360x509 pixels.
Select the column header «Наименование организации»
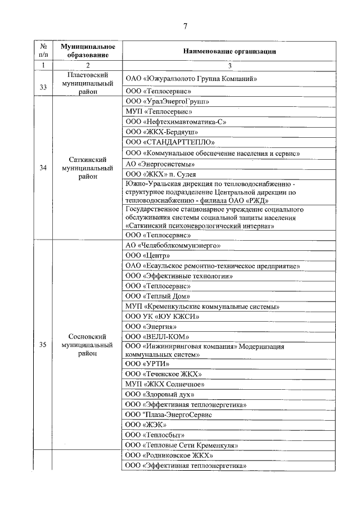coord(229,51)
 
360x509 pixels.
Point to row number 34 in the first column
coord(43,168)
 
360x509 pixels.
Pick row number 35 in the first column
coord(43,345)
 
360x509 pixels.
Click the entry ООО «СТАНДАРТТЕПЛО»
coord(170,142)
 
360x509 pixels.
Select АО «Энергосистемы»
coord(160,164)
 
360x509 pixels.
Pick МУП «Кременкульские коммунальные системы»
coord(202,307)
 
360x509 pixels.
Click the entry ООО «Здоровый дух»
coord(164,394)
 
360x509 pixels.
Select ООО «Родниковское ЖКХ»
coord(169,455)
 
